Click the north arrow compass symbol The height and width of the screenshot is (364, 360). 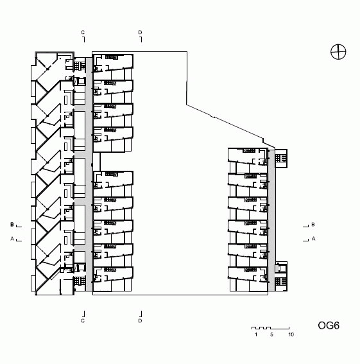point(338,52)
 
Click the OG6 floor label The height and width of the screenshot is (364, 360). point(329,325)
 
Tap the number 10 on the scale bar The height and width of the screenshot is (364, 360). point(291,334)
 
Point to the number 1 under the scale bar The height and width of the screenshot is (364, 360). point(256,334)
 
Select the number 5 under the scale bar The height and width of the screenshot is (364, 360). point(271,334)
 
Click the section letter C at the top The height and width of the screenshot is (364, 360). point(83,32)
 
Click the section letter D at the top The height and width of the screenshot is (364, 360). point(140,32)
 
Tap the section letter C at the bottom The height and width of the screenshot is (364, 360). point(83,321)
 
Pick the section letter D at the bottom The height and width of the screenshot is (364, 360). point(140,321)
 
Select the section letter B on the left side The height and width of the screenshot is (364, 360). point(12,225)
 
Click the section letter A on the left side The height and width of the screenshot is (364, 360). point(12,238)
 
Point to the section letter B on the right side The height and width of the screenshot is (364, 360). point(313,225)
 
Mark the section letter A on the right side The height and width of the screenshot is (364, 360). point(313,238)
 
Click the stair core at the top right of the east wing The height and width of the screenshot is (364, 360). point(281,159)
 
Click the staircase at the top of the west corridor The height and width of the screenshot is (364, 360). point(80,64)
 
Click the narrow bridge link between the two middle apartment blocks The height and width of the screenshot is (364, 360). point(99,162)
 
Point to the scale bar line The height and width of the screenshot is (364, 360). point(270,328)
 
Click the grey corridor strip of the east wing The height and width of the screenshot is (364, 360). point(271,220)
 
